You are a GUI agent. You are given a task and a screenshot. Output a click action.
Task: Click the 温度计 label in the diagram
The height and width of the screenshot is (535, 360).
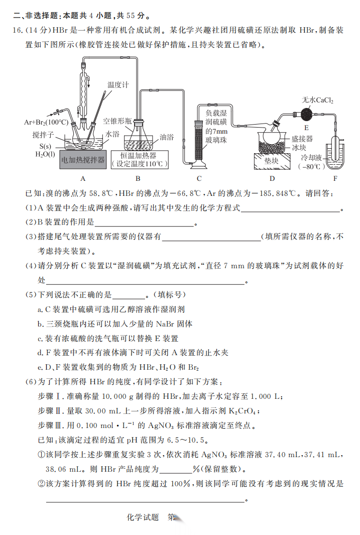click(x=118, y=84)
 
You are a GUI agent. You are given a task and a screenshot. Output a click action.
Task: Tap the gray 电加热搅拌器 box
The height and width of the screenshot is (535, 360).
click(x=83, y=160)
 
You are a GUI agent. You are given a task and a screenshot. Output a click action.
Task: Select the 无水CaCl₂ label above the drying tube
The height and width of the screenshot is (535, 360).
click(x=317, y=100)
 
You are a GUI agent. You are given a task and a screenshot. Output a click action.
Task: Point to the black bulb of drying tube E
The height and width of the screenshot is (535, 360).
click(x=307, y=114)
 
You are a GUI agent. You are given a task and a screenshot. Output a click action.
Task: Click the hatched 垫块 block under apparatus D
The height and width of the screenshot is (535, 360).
click(x=272, y=161)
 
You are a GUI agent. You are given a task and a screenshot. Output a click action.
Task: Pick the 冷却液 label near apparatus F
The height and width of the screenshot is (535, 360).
click(x=311, y=158)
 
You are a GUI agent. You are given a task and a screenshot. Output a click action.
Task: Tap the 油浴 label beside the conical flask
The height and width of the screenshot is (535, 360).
click(x=167, y=137)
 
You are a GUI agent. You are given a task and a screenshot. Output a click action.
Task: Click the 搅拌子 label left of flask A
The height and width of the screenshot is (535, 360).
click(x=43, y=135)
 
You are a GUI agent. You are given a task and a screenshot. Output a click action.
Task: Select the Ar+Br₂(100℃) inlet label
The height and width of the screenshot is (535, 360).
click(x=46, y=122)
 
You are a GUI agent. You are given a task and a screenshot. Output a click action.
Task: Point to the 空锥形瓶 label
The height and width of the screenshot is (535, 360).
click(x=117, y=121)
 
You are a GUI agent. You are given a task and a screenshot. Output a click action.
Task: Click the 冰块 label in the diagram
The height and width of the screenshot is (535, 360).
click(x=299, y=147)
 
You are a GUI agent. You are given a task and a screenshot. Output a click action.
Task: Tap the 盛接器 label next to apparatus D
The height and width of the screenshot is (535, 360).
click(x=302, y=139)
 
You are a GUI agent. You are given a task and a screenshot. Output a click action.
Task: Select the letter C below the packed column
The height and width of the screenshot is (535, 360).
click(x=199, y=178)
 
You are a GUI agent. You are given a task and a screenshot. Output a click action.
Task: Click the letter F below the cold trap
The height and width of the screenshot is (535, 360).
click(x=335, y=178)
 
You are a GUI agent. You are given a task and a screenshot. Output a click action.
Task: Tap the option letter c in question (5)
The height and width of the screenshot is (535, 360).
click(x=40, y=339)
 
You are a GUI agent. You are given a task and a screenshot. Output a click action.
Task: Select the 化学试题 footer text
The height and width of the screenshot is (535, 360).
click(x=143, y=517)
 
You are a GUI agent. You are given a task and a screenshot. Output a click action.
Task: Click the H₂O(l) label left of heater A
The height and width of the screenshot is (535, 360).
click(x=45, y=154)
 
